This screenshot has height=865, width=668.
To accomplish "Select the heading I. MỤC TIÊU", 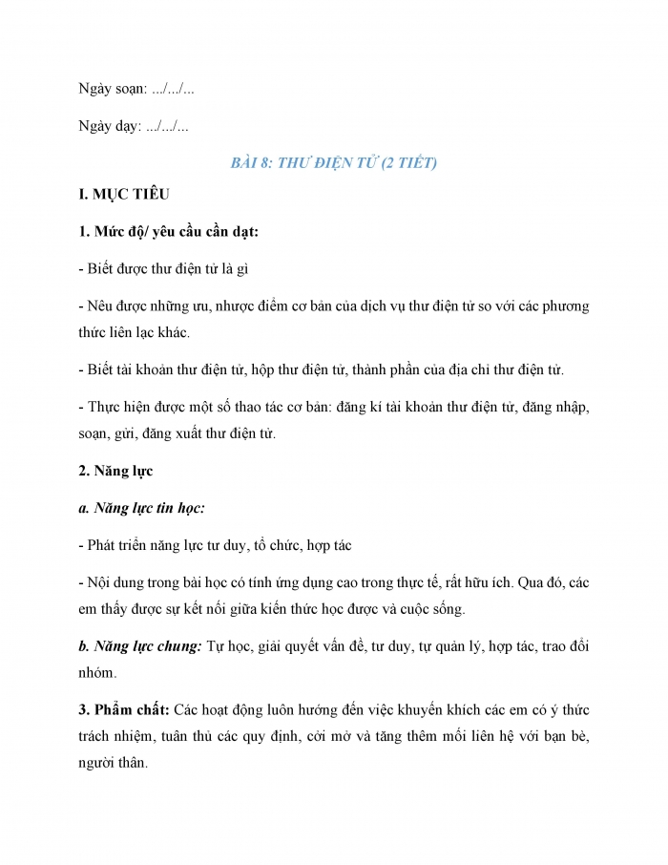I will point(123,195).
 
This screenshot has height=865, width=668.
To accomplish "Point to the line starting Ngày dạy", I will point(134,126).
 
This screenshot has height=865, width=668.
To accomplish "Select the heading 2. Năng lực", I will point(115,471).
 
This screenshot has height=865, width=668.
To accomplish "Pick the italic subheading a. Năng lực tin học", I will point(141,508).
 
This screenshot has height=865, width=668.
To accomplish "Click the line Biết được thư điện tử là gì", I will point(164,269).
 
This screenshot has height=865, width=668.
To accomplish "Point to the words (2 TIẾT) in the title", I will point(408,162).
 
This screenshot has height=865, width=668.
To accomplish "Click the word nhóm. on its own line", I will point(97,672).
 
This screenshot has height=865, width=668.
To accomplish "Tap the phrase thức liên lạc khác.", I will point(135,332).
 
